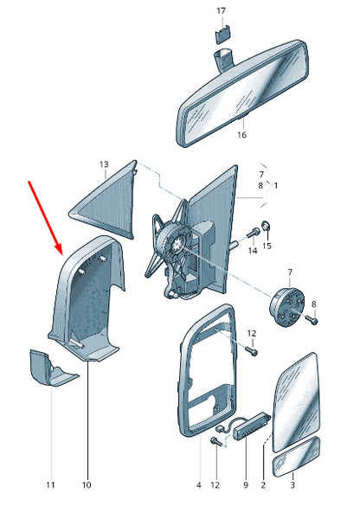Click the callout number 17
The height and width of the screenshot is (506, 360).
tap(222, 11)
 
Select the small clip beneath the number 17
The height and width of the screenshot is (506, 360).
tap(222, 35)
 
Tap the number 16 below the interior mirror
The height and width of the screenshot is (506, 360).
tap(241, 135)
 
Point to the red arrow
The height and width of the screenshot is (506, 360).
tap(45, 217)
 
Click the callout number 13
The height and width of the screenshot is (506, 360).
tap(104, 164)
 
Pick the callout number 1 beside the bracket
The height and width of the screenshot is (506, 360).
tap(275, 186)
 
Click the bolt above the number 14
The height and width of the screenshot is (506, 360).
tap(254, 232)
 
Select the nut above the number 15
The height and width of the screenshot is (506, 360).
tap(266, 225)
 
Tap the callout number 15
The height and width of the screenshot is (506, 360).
tap(267, 246)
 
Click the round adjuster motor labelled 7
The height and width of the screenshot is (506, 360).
tap(287, 307)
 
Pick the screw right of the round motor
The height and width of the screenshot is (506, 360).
tap(312, 320)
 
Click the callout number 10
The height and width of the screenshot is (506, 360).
tap(87, 484)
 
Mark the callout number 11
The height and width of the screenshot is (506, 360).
tap(50, 484)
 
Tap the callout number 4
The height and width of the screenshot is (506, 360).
tap(198, 484)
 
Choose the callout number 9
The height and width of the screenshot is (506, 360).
tap(246, 484)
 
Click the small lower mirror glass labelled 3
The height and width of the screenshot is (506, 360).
tap(297, 457)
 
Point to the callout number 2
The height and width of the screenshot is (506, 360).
tap(263, 484)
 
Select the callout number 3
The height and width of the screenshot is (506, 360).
tap(292, 484)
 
